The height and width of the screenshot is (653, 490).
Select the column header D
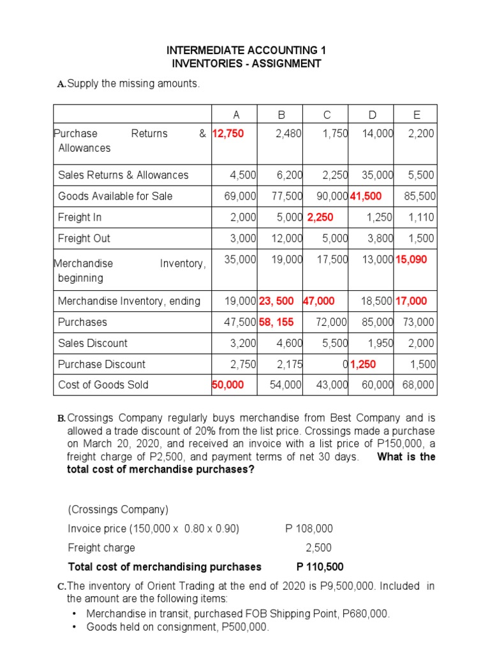(x=372, y=115)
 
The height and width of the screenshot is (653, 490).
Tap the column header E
(x=417, y=115)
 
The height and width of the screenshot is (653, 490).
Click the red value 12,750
(x=228, y=133)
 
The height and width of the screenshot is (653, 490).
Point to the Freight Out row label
(x=84, y=238)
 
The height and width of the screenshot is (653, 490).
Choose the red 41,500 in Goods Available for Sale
(x=366, y=196)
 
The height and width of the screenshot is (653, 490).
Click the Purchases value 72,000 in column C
(x=331, y=322)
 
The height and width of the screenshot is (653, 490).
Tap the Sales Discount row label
(x=93, y=343)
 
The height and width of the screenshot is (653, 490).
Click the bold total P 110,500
(x=320, y=566)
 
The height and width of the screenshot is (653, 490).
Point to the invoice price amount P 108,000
(x=309, y=529)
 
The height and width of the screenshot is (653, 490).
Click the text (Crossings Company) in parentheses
(x=118, y=510)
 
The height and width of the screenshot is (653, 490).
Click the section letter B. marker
(x=61, y=419)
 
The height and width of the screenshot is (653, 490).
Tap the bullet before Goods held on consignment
(x=75, y=627)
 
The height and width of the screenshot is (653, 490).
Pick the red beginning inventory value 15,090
(x=412, y=260)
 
